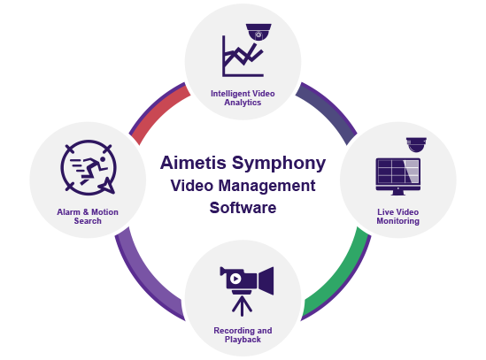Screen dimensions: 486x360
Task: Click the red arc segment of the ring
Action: pos(158,111)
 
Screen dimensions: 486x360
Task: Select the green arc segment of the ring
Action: pos(340,277)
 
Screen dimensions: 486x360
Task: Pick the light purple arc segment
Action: pos(146,277)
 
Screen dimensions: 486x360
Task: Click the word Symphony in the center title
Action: pos(279,164)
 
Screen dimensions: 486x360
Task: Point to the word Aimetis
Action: pos(193,163)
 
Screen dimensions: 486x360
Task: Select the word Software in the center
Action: pos(243,208)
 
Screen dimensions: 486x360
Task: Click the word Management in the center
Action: pos(266,187)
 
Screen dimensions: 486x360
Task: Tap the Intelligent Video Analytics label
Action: pos(243,98)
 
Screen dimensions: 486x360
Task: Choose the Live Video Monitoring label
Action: pos(398,216)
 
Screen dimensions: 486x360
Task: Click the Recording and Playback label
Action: pos(243,335)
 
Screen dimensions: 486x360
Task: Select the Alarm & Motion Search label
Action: pos(88,216)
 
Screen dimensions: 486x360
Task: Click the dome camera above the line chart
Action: pos(258,32)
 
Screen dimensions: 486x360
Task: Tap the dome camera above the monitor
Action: pos(416,145)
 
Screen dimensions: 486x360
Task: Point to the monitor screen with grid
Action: pos(398,171)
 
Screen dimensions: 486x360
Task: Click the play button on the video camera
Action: pos(235,279)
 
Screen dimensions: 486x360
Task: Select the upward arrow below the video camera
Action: pos(242,306)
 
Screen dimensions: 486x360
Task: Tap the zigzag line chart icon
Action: pos(243,56)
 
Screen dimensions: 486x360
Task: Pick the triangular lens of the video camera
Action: pos(266,280)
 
